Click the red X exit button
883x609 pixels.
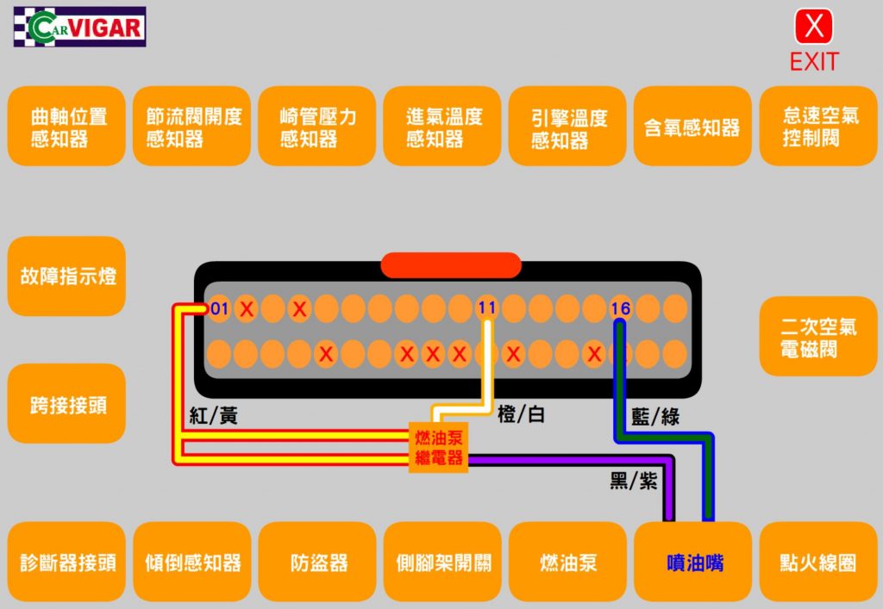pos(814,27)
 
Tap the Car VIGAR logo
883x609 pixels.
pos(79,27)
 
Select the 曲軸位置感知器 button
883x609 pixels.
pos(67,127)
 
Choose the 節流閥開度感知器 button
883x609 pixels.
pos(192,127)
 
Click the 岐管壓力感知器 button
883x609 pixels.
pos(317,127)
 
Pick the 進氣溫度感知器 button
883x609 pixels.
pos(442,127)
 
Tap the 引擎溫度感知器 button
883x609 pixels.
pos(567,127)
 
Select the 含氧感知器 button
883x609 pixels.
pos(692,127)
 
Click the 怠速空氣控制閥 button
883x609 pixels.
pos(818,127)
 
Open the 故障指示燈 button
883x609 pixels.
pos(67,277)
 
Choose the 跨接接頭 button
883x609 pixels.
pos(67,404)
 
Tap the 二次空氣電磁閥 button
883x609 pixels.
pos(818,337)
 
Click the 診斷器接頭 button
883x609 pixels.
pos(67,562)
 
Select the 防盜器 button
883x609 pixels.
pos(317,562)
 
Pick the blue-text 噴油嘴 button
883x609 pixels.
pos(693,562)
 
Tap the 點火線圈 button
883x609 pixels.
pos(818,562)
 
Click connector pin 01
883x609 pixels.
pos(220,308)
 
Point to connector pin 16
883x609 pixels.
pos(621,308)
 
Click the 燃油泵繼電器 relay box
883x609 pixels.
pos(439,447)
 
